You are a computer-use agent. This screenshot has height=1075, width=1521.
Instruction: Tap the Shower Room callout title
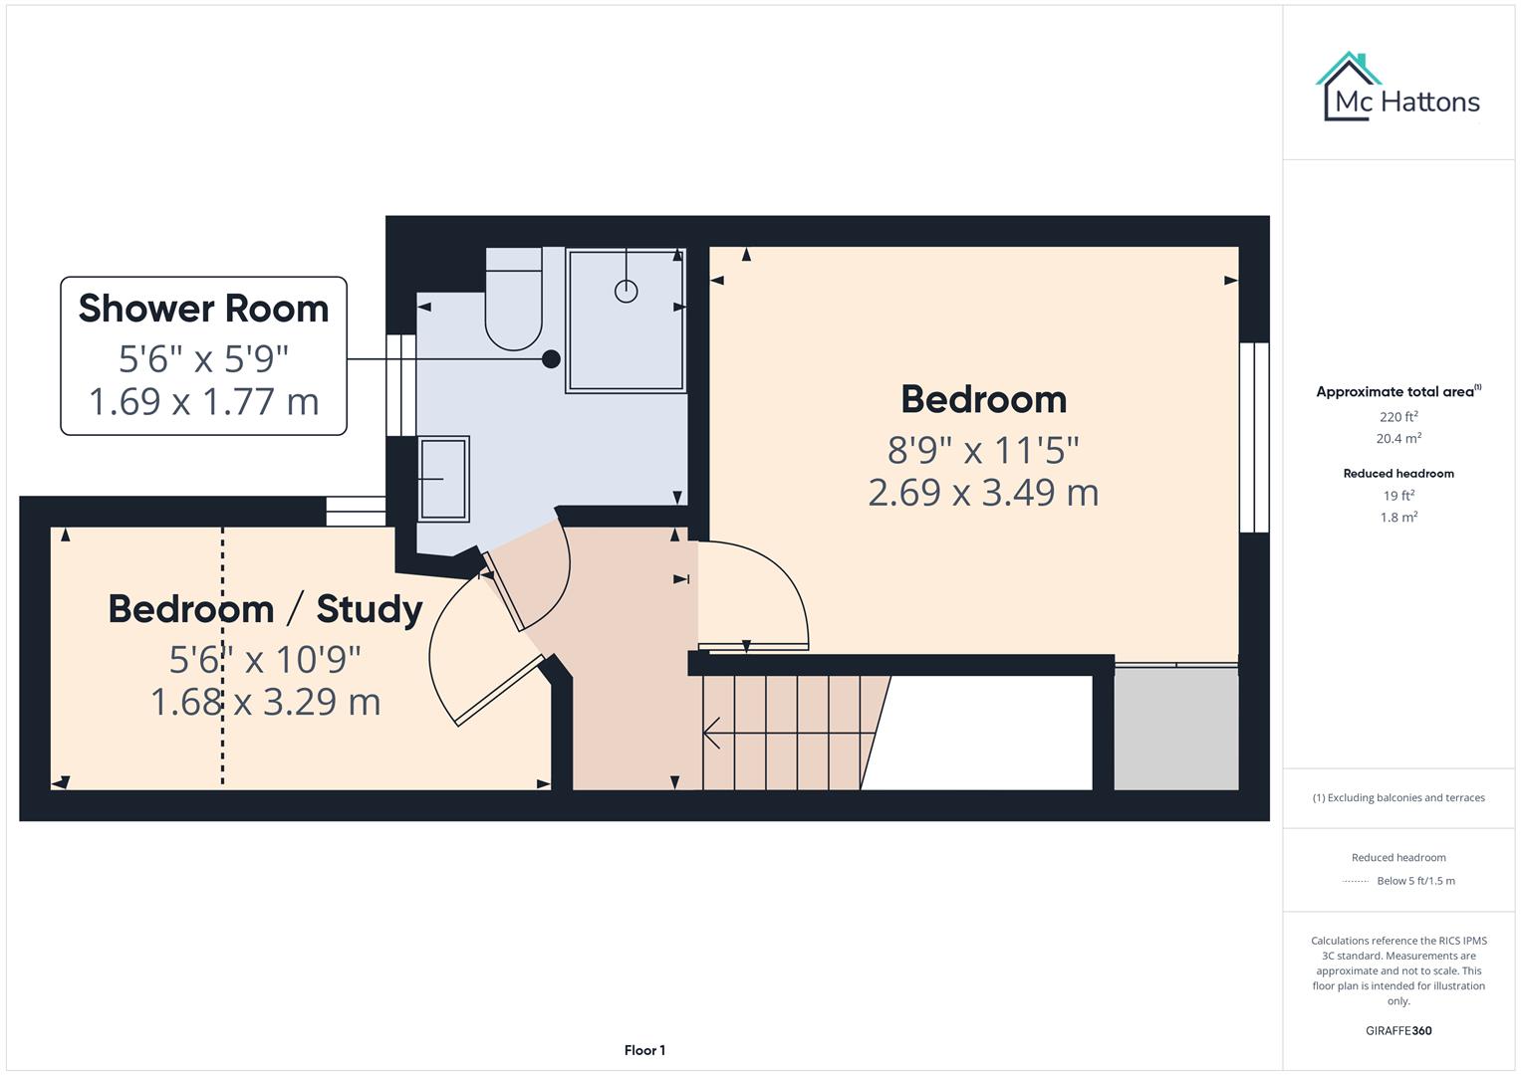(x=203, y=309)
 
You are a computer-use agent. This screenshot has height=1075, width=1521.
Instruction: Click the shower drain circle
(x=626, y=291)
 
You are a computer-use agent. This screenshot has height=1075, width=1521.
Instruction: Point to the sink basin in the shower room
(x=443, y=478)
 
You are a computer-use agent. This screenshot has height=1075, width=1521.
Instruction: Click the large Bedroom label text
(x=983, y=399)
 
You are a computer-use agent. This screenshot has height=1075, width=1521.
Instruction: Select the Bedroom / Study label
(x=265, y=608)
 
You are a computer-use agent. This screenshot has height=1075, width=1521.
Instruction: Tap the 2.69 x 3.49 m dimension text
(x=983, y=493)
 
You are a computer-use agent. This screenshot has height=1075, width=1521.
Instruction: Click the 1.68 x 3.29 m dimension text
(x=265, y=702)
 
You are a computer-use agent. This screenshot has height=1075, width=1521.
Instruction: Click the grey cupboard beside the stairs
(x=1175, y=728)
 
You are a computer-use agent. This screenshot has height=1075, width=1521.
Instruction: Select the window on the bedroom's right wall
(x=1253, y=438)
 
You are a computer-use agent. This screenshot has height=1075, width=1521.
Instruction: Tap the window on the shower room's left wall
(x=400, y=385)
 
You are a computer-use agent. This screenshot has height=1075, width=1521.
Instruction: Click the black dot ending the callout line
(x=551, y=359)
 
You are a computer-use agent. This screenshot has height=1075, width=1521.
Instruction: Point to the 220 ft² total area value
(x=1398, y=417)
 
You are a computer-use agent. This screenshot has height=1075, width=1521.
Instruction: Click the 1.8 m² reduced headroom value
(x=1398, y=518)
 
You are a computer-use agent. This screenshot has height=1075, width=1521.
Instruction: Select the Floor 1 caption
(x=644, y=1050)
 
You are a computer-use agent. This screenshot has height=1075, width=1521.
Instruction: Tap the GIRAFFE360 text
(x=1398, y=1030)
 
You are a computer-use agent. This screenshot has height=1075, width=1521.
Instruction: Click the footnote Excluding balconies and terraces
(x=1398, y=797)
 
